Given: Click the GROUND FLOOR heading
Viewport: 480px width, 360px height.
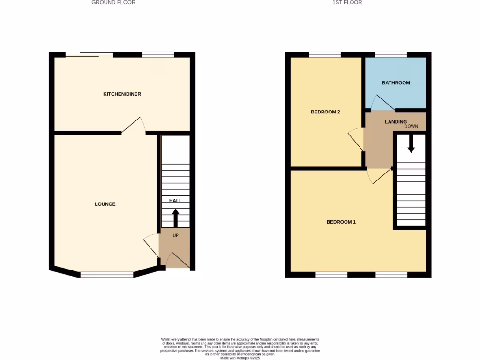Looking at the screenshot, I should click(x=113, y=3).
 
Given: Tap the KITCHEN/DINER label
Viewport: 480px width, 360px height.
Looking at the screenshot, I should click(x=122, y=94).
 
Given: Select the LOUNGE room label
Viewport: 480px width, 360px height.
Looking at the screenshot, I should click(x=105, y=204).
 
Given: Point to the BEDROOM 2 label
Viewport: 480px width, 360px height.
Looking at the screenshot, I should click(x=325, y=112).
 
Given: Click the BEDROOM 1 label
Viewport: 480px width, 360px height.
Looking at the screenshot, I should click(x=341, y=222).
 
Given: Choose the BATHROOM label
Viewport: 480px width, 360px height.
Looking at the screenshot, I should click(x=396, y=83).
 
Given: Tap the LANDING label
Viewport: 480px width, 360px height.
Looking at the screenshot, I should click(x=396, y=122).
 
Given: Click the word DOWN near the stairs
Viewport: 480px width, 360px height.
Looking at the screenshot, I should click(x=411, y=127).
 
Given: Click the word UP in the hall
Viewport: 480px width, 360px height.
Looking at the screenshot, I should click(x=176, y=235).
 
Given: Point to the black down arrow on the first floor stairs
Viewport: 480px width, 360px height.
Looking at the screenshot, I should click(x=411, y=143).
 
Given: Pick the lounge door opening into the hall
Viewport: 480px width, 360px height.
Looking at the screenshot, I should click(x=151, y=245).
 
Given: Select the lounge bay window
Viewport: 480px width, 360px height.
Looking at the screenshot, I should click(x=107, y=275).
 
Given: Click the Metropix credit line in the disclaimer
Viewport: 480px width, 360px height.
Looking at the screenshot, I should click(x=240, y=358).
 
